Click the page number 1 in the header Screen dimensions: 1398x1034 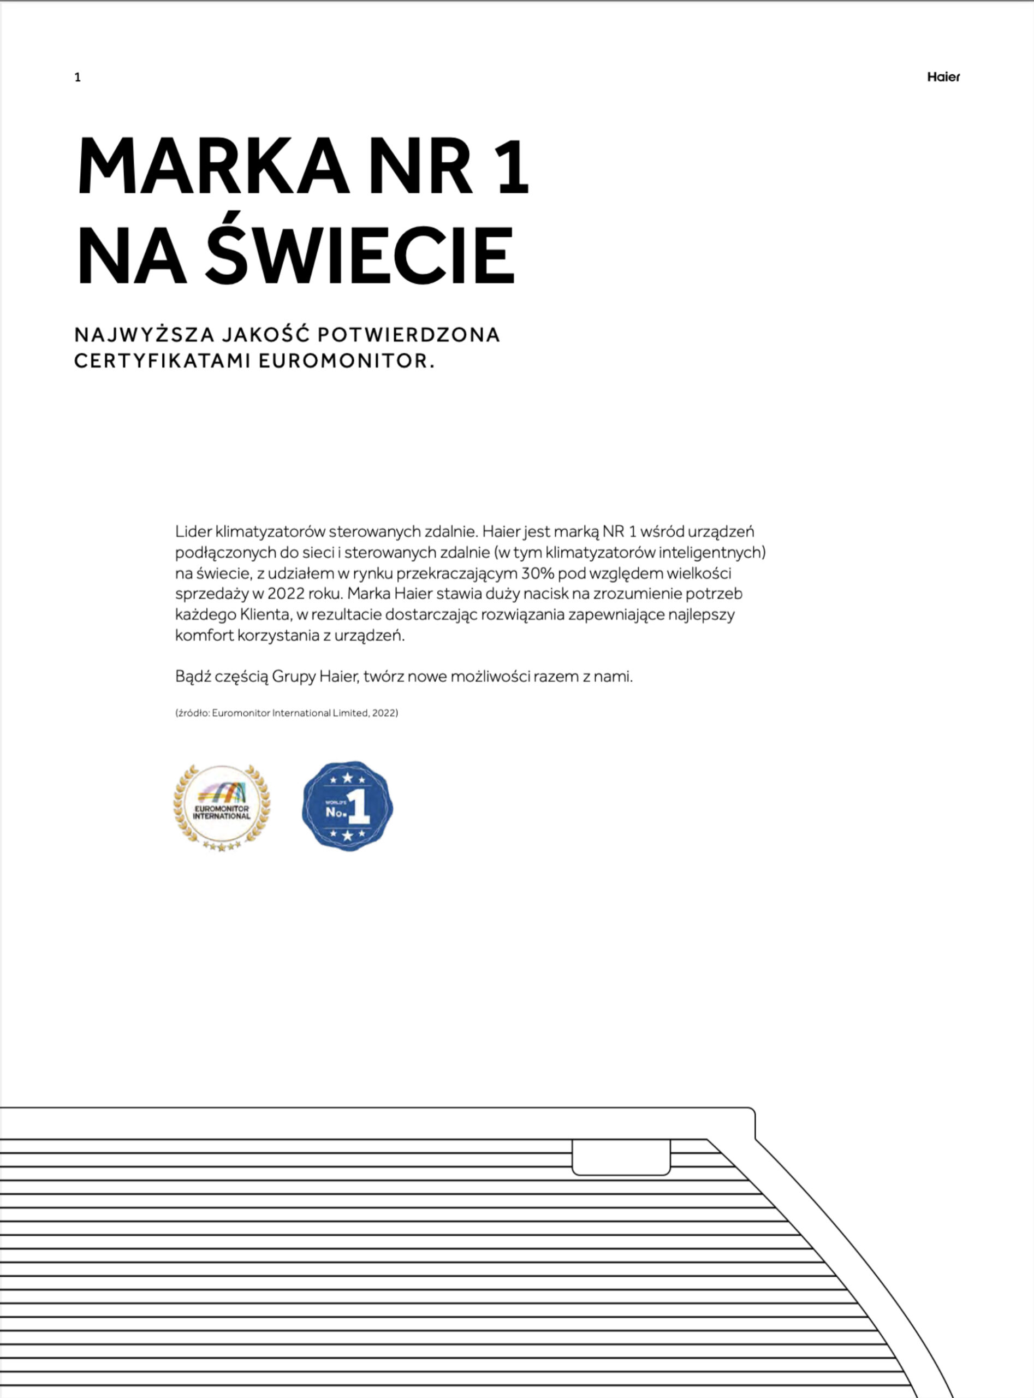[x=78, y=78]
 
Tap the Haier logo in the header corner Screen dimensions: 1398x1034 [x=943, y=77]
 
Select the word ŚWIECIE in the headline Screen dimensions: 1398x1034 [x=360, y=256]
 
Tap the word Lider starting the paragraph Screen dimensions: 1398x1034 [x=193, y=531]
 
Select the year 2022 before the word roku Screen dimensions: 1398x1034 [x=286, y=594]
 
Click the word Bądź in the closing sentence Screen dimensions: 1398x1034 [x=192, y=676]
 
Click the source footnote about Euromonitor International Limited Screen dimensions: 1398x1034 [x=287, y=713]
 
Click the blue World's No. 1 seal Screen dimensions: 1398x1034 [x=347, y=807]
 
